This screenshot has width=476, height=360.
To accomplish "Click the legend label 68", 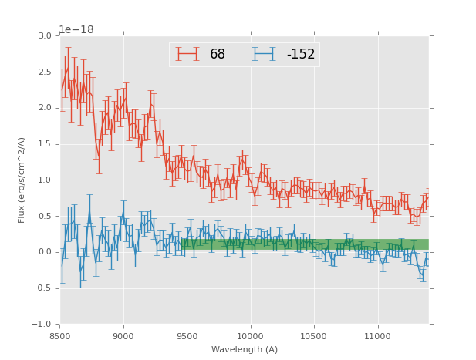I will (218, 54).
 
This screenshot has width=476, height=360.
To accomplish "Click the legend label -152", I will (301, 54).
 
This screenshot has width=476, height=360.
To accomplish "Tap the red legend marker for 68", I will (187, 54).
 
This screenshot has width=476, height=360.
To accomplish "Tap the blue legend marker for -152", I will (265, 54).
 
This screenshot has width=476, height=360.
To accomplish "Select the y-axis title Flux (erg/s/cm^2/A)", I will (22, 180).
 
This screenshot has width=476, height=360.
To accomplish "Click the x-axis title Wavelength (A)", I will (244, 349).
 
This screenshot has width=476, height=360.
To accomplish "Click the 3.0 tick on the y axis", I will (44, 36).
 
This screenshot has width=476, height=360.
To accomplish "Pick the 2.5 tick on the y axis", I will (44, 72).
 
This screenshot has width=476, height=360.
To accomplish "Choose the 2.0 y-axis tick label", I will (44, 108).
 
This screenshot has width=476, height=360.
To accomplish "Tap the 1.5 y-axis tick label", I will (44, 144).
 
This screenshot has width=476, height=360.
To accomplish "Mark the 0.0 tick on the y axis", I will (44, 252).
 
